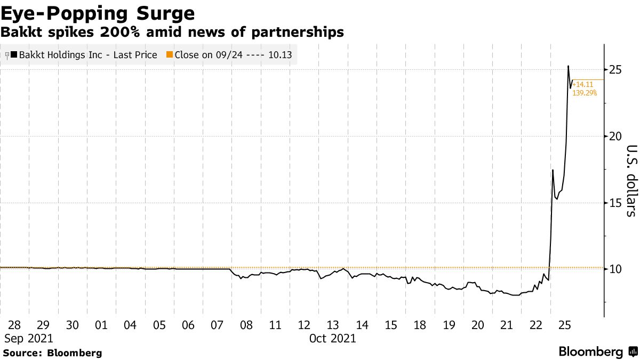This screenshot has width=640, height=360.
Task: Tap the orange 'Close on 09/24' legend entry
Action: [x=229, y=55]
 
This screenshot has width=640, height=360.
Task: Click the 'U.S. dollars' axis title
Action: [x=631, y=181]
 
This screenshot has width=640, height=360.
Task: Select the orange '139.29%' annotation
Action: [x=585, y=93]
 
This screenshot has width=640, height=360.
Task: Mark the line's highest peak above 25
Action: [x=568, y=66]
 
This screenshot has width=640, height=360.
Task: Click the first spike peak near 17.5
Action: [x=553, y=170]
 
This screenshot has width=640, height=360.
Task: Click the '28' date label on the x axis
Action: [x=14, y=325]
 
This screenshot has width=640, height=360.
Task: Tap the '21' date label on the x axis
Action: [x=507, y=325]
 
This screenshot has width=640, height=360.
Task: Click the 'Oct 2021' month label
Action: [x=333, y=338]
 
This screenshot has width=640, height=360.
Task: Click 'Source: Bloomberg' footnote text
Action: [x=52, y=353]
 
